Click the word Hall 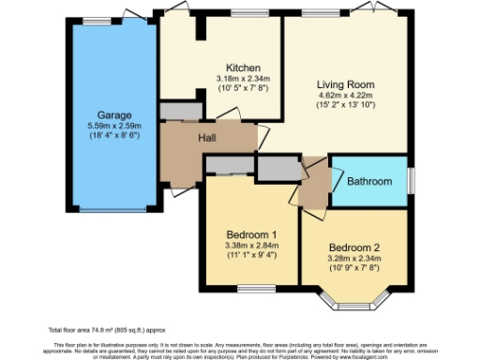click(x=209, y=138)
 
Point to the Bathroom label click(x=371, y=180)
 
